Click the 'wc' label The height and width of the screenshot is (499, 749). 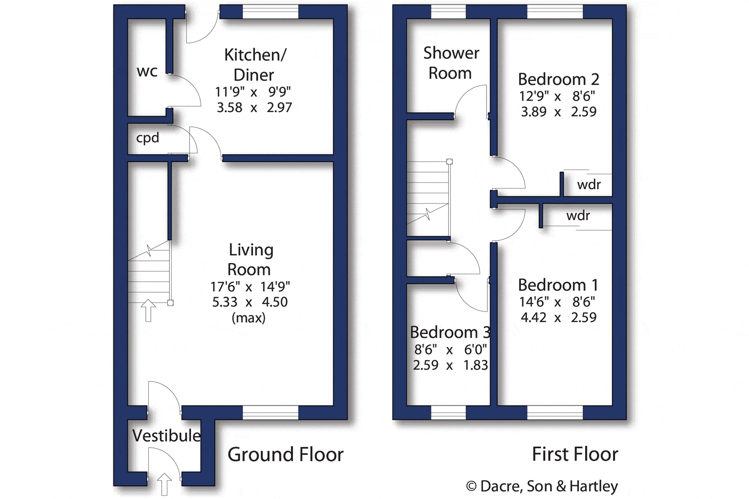[147, 71]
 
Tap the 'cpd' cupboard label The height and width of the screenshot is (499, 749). [148, 138]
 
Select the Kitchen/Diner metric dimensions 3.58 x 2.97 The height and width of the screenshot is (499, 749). [254, 107]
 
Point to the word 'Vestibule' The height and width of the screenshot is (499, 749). [166, 436]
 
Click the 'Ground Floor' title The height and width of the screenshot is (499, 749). [285, 454]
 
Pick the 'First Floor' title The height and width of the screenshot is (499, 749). [575, 454]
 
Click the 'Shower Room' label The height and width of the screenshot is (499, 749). [451, 63]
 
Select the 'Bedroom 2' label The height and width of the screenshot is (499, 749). [558, 79]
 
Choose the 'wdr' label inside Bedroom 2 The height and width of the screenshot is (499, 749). [589, 185]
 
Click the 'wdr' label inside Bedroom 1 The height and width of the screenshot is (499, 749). [578, 216]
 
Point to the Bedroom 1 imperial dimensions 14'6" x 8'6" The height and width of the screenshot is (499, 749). [557, 302]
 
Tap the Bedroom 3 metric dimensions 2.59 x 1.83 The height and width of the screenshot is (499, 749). [451, 365]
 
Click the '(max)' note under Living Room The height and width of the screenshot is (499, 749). [249, 318]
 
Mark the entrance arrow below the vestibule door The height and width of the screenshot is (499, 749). [164, 485]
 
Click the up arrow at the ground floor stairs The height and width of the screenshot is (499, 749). [148, 310]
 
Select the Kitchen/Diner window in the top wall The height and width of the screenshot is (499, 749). [270, 12]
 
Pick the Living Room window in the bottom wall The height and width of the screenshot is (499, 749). [270, 412]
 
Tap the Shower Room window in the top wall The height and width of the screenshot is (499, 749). [448, 12]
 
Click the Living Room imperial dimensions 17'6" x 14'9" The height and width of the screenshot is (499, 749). [250, 287]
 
